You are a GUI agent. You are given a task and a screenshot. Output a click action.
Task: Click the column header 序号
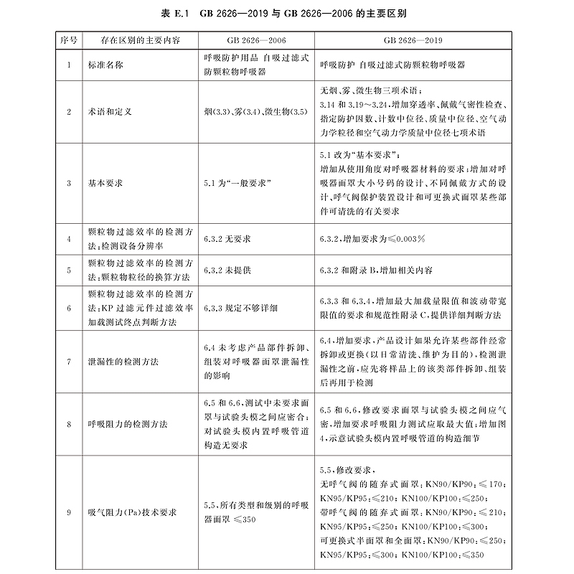click(x=67, y=41)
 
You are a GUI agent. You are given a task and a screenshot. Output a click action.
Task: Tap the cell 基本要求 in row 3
click(x=105, y=183)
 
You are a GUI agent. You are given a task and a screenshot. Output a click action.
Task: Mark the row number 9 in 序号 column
click(x=67, y=512)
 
